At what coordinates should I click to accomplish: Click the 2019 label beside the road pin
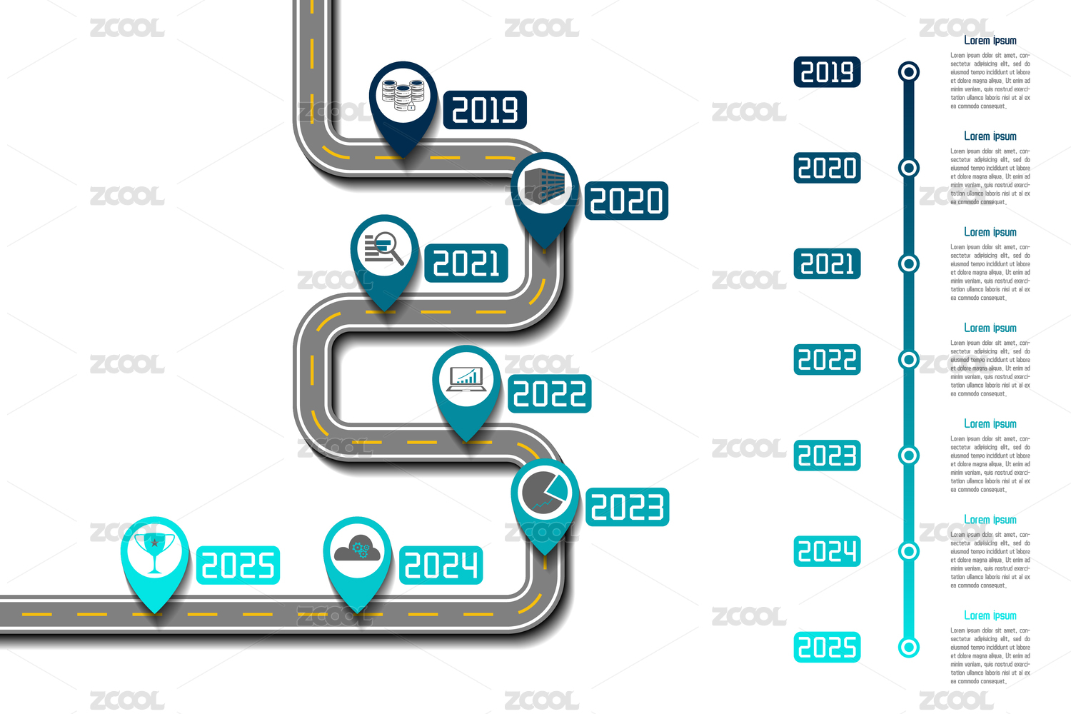(x=485, y=110)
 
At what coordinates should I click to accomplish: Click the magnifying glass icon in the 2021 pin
(x=384, y=247)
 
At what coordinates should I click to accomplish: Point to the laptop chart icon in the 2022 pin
(x=466, y=378)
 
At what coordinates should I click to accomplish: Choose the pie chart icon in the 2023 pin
(x=545, y=491)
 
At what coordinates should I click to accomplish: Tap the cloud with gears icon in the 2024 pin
(x=358, y=549)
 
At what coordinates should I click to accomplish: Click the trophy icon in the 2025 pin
(x=154, y=550)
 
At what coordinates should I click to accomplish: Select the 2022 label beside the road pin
(x=550, y=394)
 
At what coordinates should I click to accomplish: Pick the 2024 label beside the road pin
(x=441, y=565)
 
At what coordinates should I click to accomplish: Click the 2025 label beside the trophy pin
(x=238, y=565)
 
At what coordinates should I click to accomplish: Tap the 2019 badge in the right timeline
(x=827, y=72)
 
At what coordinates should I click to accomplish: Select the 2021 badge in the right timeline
(x=827, y=264)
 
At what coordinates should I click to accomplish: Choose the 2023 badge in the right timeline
(x=827, y=456)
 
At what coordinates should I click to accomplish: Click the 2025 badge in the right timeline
(x=827, y=648)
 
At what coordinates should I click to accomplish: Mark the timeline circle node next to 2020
(x=908, y=168)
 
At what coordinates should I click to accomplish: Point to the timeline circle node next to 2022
(x=908, y=359)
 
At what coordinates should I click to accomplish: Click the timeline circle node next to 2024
(x=908, y=551)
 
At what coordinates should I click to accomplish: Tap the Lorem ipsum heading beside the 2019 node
(x=990, y=41)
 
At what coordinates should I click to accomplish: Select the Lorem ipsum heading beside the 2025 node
(x=990, y=615)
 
